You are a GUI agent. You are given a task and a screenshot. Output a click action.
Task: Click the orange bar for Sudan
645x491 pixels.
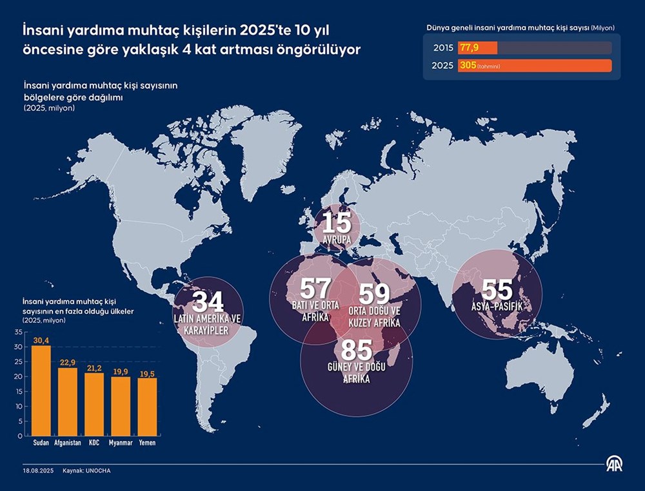point(41,390)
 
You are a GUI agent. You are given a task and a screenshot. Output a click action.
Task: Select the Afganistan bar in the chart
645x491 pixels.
point(68,401)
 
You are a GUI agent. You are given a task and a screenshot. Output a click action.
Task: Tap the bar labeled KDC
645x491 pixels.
point(94,404)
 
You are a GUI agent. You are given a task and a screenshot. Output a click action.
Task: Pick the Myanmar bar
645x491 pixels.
point(120,406)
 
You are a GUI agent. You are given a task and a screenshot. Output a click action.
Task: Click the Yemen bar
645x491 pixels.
point(147,407)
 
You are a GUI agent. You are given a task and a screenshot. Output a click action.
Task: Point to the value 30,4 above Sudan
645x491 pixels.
point(41,341)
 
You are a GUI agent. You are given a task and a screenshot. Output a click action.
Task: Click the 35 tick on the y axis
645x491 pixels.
point(18,332)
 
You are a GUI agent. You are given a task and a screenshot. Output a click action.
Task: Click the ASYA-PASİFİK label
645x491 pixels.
point(496,307)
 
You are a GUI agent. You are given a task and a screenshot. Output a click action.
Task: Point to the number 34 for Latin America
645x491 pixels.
point(208,302)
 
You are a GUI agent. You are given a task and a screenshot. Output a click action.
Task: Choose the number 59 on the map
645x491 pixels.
point(374,294)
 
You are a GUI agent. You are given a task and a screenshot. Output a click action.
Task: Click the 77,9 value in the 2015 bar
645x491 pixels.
point(468,48)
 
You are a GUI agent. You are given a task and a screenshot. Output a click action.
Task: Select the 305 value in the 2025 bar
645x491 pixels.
point(467,66)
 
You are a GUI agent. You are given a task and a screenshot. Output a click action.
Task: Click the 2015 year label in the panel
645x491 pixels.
point(442,48)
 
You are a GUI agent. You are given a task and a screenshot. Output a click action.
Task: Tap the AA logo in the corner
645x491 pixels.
point(613,464)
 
